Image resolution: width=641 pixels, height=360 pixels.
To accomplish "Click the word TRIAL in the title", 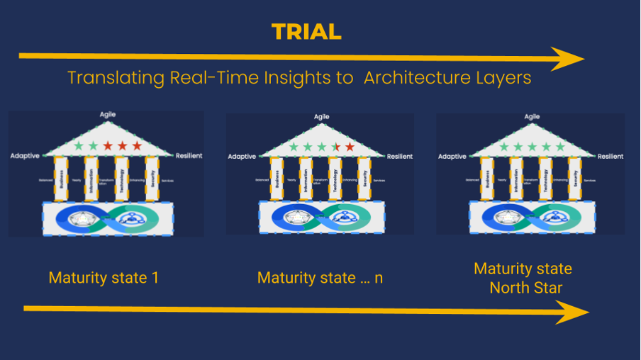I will [306, 31].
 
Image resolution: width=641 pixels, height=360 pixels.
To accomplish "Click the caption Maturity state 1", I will [104, 278].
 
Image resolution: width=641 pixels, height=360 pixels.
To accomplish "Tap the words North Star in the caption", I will [523, 287].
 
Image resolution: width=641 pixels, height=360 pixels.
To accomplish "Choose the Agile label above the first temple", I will [108, 114].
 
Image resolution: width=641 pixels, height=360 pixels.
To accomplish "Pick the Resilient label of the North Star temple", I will [611, 156].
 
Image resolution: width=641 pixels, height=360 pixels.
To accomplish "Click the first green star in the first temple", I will [79, 146].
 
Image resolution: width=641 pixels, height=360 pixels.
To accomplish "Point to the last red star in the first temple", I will [137, 146].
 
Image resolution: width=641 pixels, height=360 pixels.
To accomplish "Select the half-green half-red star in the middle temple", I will [335, 147].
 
